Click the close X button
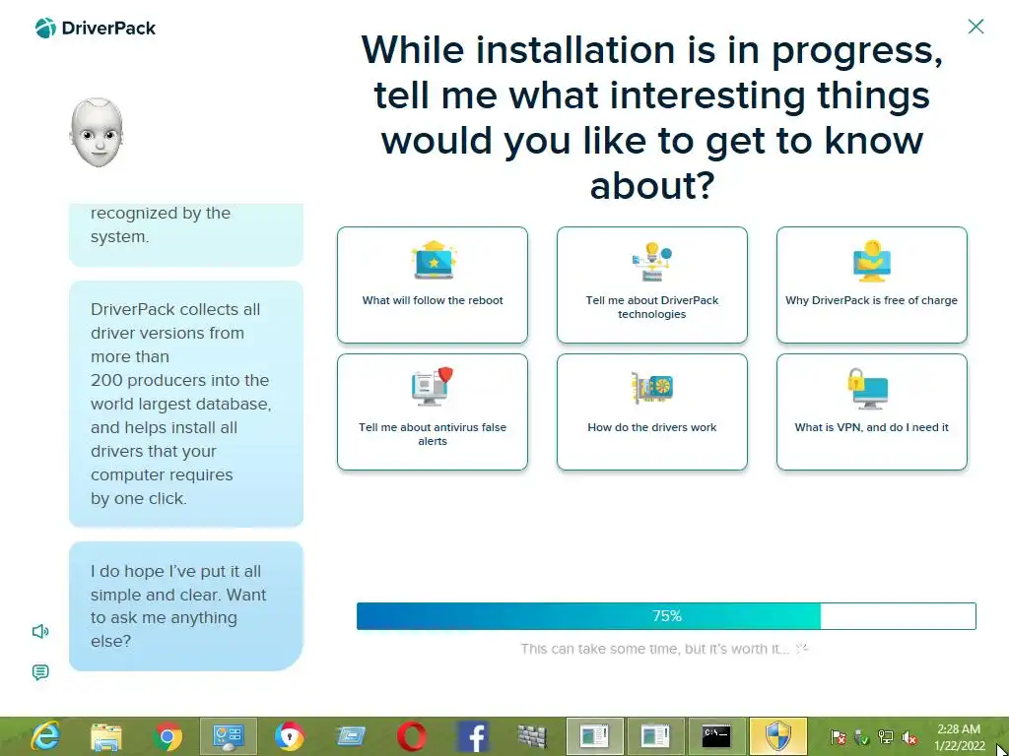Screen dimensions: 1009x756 [x=975, y=27]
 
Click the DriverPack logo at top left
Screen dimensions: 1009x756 [x=96, y=28]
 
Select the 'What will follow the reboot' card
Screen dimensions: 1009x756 [x=433, y=284]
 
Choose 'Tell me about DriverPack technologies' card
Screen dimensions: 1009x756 [x=652, y=284]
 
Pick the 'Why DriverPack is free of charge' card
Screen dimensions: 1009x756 [x=871, y=284]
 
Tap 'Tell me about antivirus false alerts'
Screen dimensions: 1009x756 [x=433, y=412]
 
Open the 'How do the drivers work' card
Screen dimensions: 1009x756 [x=652, y=412]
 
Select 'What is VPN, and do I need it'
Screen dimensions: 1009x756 [x=871, y=412]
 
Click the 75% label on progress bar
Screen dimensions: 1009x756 [x=667, y=616]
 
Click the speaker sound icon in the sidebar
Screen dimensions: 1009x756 [x=39, y=631]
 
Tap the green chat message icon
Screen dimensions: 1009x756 [x=39, y=672]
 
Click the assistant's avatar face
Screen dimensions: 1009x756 [x=97, y=133]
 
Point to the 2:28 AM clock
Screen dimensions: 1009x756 [x=959, y=729]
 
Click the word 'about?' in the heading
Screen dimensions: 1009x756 [x=652, y=185]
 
